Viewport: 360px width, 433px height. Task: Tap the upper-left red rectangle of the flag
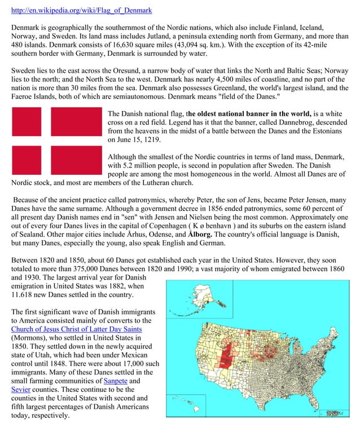pyautogui.click(x=26, y=122)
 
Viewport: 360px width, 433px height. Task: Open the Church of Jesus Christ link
pyautogui.click(x=76, y=329)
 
